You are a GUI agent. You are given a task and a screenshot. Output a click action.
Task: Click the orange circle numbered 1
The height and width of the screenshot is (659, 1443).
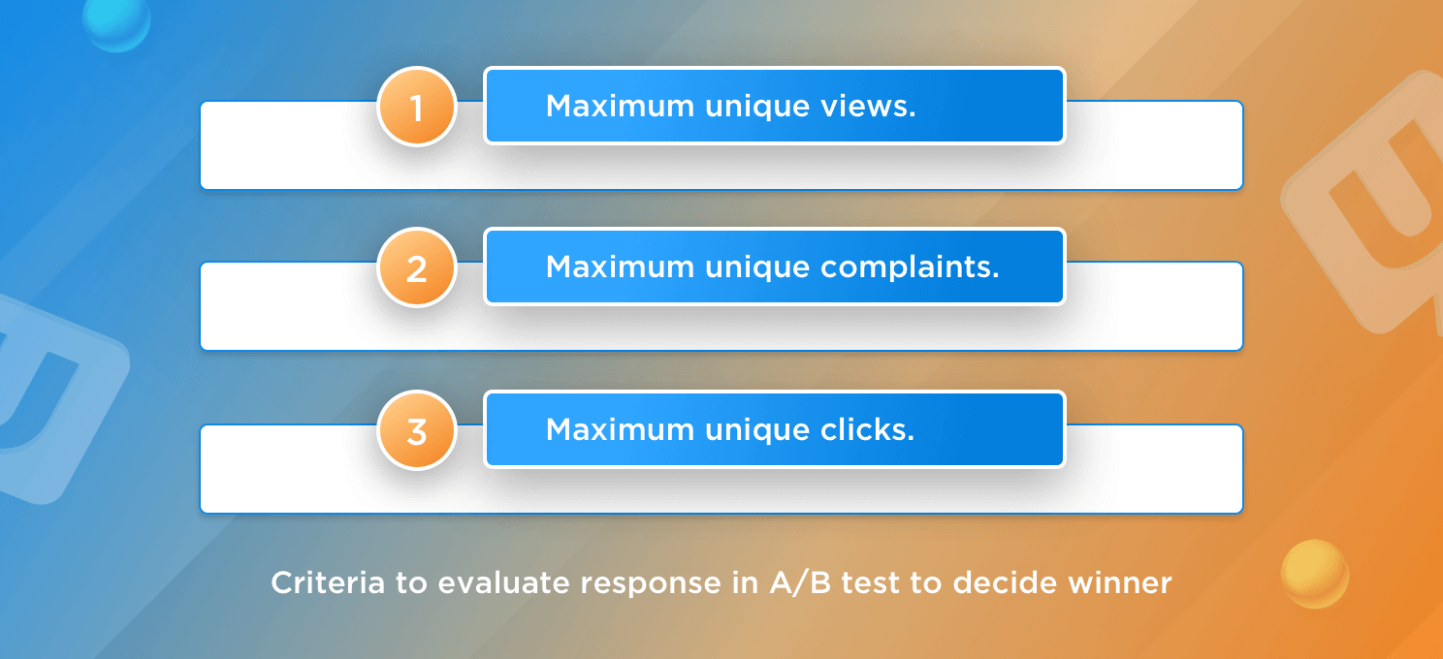[x=416, y=107]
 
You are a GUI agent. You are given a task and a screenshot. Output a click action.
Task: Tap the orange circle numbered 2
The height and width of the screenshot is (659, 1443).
[x=416, y=268]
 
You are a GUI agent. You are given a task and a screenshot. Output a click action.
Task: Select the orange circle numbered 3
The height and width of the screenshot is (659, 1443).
[x=416, y=431]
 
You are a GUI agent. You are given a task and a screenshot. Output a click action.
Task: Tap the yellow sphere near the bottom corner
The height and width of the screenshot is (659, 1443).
[x=1315, y=574]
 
